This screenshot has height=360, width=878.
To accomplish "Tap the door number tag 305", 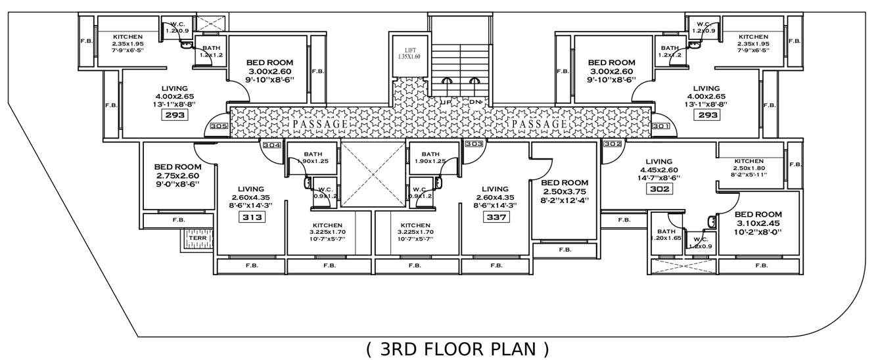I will pos(219,127).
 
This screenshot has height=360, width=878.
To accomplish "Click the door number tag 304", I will pos(271,146).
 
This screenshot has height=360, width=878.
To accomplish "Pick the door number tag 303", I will pos(474,144).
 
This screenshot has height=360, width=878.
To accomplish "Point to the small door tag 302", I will pos(612,144).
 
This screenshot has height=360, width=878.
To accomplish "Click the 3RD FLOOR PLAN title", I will pos(457,349).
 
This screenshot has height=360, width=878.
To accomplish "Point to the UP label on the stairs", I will pos(446,102).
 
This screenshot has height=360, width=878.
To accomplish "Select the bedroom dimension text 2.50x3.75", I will pos(565,191).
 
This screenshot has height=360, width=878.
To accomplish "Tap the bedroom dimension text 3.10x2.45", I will pos(758,223).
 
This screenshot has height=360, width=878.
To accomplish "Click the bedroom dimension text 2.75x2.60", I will pos(177,176).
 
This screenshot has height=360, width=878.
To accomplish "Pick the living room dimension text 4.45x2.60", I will pos(658,169).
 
